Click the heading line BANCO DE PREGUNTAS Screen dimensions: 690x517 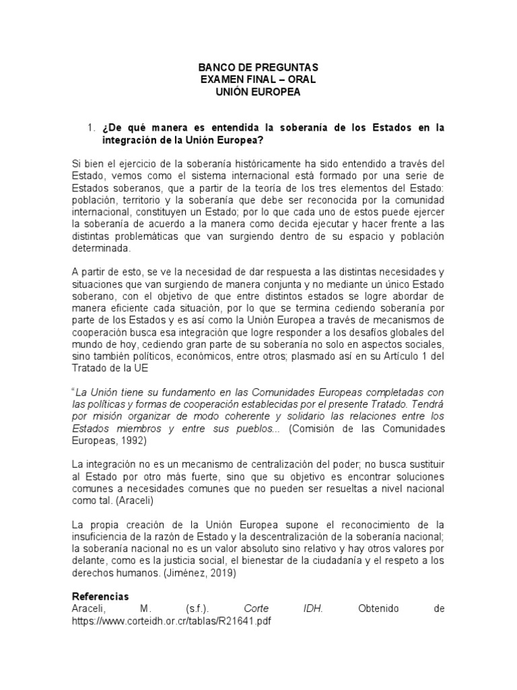258,69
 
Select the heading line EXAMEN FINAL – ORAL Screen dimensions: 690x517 258,80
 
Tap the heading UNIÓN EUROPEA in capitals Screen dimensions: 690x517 258,92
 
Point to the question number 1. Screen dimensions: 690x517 92,127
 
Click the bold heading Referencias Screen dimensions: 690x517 100,597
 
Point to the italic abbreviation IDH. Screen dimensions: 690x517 312,609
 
